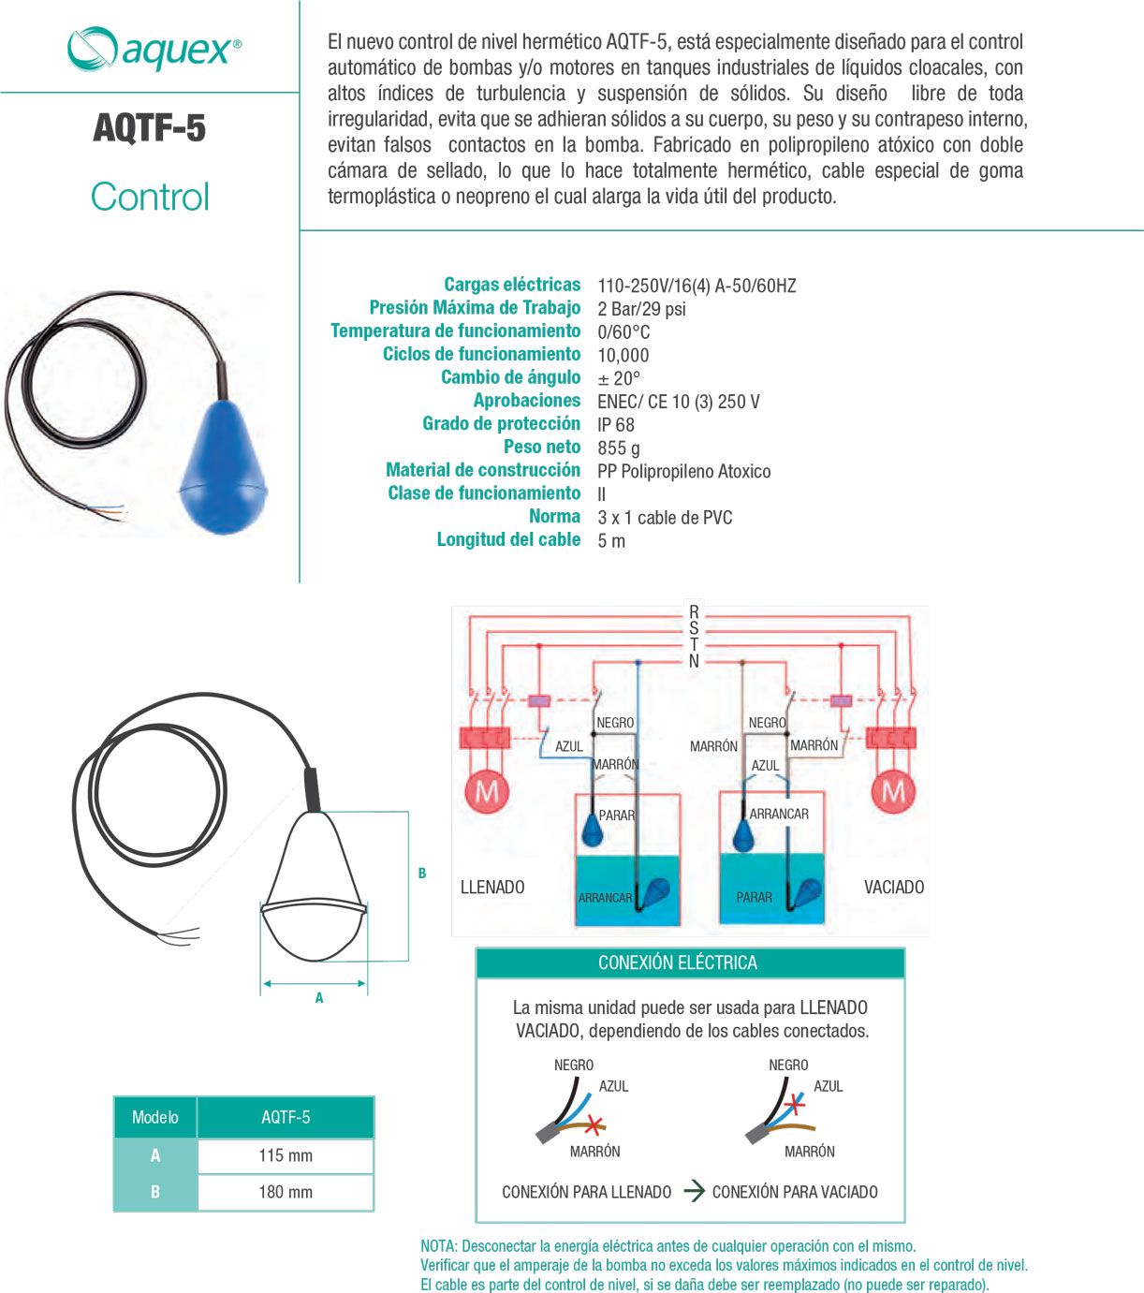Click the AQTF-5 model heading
150,128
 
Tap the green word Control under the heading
150,197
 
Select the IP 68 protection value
616,425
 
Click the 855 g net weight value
619,448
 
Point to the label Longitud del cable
508,540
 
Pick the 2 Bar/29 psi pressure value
641,309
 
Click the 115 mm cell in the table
286,1155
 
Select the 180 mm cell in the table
286,1192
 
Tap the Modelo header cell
155,1117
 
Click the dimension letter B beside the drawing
422,874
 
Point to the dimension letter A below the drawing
319,999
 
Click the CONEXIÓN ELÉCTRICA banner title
678,962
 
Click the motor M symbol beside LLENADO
487,792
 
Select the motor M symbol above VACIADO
893,792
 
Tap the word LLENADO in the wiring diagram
492,888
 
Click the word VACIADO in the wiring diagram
894,888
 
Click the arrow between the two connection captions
694,1191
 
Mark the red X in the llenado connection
593,1124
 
